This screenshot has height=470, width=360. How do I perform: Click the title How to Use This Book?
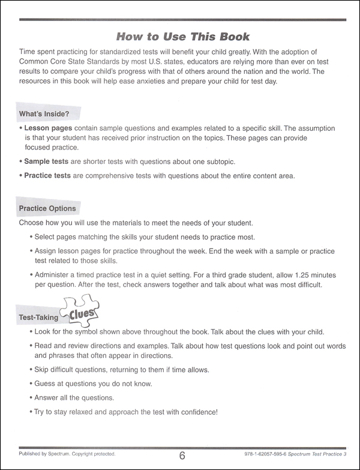tap(182, 37)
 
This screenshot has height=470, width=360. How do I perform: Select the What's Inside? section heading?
tap(46, 113)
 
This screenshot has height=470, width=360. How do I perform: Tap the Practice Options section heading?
tap(47, 208)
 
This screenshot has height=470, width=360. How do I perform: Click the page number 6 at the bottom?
tap(182, 456)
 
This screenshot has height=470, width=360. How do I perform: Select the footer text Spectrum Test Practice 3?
tap(325, 454)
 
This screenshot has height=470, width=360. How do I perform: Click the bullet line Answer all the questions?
tap(74, 397)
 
